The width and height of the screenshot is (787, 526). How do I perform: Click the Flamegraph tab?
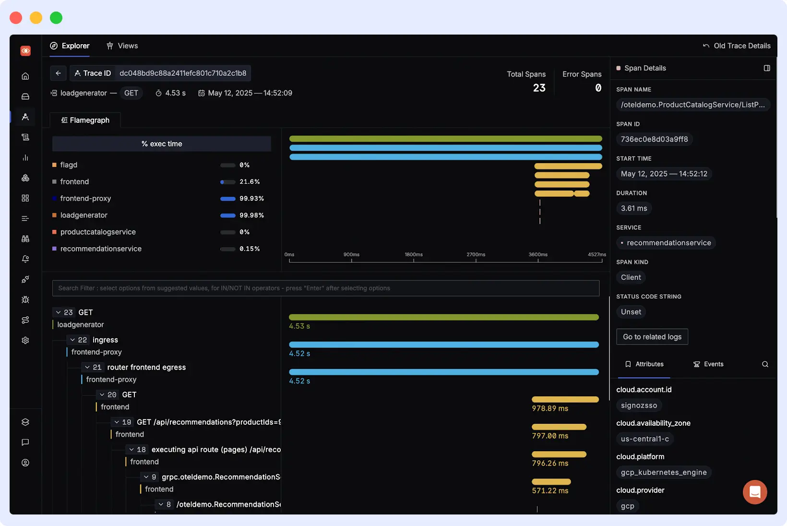[x=85, y=120]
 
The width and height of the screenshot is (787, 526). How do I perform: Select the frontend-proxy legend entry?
[x=85, y=198]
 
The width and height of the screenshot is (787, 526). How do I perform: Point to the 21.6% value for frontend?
[x=250, y=181]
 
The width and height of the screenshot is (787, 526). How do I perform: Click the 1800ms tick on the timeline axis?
[x=414, y=255]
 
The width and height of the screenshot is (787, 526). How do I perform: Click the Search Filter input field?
[x=325, y=288]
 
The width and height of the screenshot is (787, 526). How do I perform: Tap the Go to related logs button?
[x=652, y=337]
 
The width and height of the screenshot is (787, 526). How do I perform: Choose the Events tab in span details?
[x=708, y=364]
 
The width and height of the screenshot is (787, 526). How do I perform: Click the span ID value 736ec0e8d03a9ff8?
[x=654, y=139]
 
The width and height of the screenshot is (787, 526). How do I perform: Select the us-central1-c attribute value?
[x=644, y=439]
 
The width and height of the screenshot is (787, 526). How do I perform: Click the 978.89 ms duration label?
[x=550, y=408]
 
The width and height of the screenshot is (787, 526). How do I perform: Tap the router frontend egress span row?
[x=146, y=367]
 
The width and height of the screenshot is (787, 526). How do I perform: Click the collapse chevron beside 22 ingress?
[x=72, y=340]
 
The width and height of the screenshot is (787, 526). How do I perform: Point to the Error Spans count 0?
[x=598, y=88]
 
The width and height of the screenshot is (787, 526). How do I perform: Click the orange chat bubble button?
[x=754, y=492]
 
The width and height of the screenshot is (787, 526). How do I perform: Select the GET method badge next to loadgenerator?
[x=131, y=93]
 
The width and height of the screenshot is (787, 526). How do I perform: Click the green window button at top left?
[x=56, y=18]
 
